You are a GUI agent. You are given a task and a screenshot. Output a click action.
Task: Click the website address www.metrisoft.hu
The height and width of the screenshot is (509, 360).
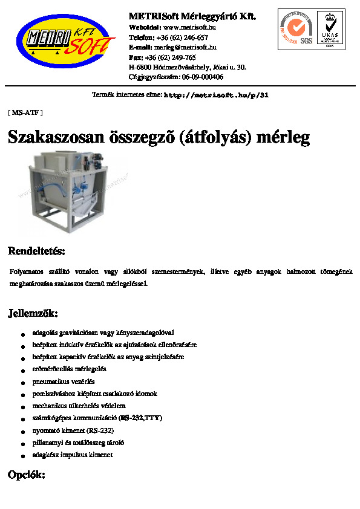(x=190, y=27)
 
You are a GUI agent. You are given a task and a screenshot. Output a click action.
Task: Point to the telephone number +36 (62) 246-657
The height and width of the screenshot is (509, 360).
(x=182, y=37)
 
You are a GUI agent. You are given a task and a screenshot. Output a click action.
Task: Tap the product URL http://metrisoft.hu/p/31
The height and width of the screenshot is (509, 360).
(x=216, y=96)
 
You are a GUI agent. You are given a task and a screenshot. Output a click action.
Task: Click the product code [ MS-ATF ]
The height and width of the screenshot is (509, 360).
(x=25, y=112)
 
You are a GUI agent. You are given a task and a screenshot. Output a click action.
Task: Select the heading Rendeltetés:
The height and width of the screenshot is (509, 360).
(x=36, y=250)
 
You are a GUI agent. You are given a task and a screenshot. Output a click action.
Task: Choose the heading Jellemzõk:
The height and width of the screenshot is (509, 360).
(x=33, y=313)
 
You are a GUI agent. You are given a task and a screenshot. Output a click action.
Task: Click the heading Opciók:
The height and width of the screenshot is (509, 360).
(x=26, y=475)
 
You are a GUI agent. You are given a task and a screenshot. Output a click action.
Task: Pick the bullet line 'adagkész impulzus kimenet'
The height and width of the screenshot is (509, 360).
(x=73, y=455)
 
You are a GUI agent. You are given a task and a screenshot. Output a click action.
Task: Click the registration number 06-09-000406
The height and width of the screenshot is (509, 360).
(x=203, y=77)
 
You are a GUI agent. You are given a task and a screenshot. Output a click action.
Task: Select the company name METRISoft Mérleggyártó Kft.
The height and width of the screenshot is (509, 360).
(x=192, y=16)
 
